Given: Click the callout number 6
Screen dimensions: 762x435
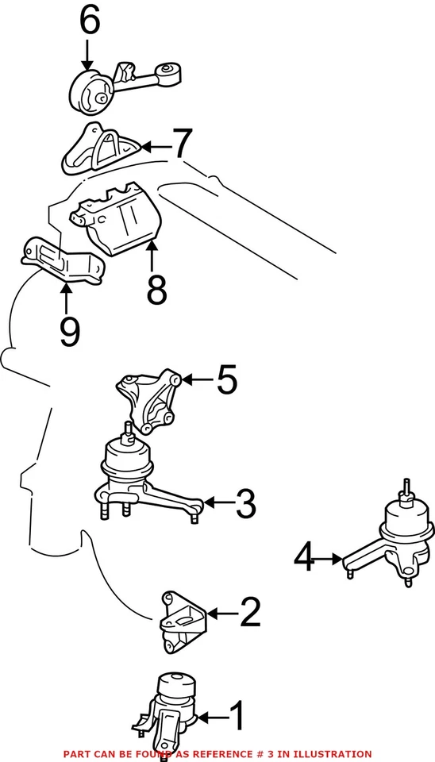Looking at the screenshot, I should (89, 21).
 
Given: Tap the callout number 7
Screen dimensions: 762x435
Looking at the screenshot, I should (183, 145).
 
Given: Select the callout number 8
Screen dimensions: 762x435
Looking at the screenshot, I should (156, 291).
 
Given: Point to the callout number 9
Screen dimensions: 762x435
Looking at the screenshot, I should (69, 331).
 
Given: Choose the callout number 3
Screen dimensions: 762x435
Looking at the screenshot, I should (244, 502).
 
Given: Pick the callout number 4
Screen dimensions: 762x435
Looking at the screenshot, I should (304, 559).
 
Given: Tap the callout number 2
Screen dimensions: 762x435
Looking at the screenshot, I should (249, 613).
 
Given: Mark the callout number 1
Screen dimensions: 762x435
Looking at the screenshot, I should (237, 717).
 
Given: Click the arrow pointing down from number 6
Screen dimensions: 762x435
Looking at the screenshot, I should (87, 56).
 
